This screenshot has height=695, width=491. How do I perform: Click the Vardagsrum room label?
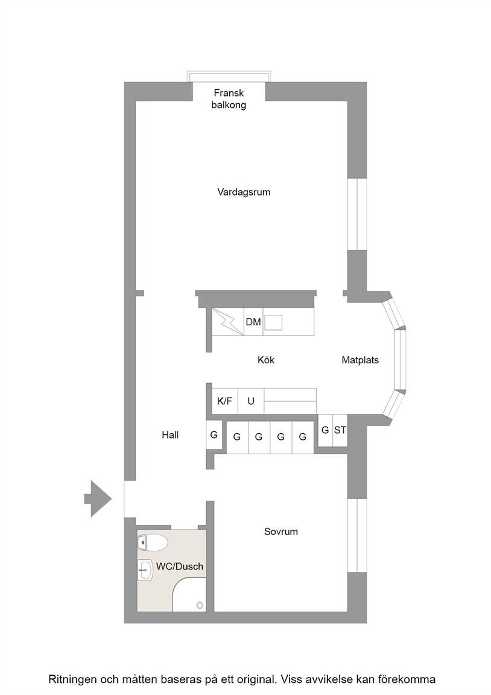(x=244, y=192)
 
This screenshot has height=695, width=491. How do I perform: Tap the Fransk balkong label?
(x=229, y=99)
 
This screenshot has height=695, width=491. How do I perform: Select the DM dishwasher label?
(x=253, y=322)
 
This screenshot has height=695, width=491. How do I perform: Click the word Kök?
(x=266, y=360)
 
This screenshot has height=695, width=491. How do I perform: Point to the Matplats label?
(x=360, y=360)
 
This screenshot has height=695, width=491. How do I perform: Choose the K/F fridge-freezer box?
(x=224, y=401)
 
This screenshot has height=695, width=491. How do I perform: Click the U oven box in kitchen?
(x=251, y=401)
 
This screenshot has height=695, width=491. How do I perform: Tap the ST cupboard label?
(x=340, y=430)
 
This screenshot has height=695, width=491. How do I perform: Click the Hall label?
(x=170, y=435)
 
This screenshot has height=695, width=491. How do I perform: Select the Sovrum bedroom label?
(x=281, y=532)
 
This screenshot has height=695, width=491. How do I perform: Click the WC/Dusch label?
(x=180, y=566)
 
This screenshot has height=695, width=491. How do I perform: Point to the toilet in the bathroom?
(x=152, y=542)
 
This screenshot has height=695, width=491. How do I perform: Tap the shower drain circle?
(x=200, y=605)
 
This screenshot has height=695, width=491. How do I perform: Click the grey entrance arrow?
(x=98, y=499)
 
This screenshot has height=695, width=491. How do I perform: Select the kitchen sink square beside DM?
(x=273, y=322)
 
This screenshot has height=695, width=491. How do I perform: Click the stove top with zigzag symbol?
(x=228, y=322)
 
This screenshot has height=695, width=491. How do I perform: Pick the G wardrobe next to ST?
(x=325, y=430)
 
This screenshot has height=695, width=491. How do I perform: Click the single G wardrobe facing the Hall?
(x=214, y=435)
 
